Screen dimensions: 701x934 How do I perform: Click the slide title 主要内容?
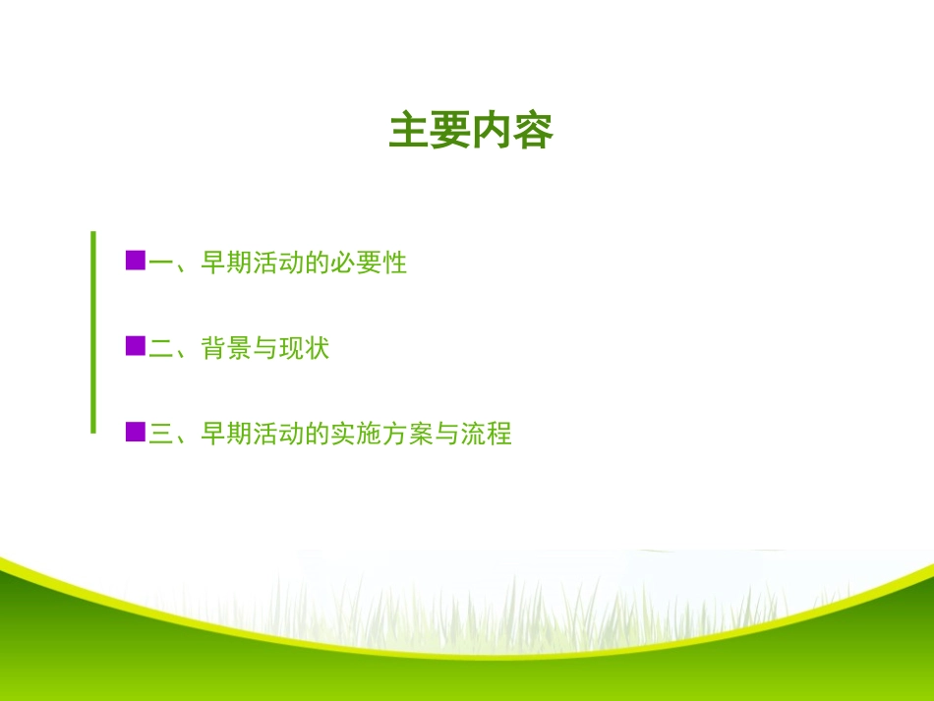471,131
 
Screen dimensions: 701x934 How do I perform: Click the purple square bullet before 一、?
136,261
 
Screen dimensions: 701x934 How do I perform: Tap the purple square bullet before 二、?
136,346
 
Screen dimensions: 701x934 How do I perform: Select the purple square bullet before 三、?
136,432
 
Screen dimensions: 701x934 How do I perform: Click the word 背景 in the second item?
227,349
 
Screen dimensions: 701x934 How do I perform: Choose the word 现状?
304,349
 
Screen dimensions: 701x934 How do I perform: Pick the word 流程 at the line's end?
487,435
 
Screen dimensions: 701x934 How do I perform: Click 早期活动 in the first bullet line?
253,263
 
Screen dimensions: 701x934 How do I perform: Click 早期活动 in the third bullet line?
253,435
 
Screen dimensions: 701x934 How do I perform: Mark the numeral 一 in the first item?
160,263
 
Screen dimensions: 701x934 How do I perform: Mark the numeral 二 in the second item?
160,349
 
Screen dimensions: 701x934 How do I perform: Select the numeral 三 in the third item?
160,435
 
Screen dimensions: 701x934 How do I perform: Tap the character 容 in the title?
533,131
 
